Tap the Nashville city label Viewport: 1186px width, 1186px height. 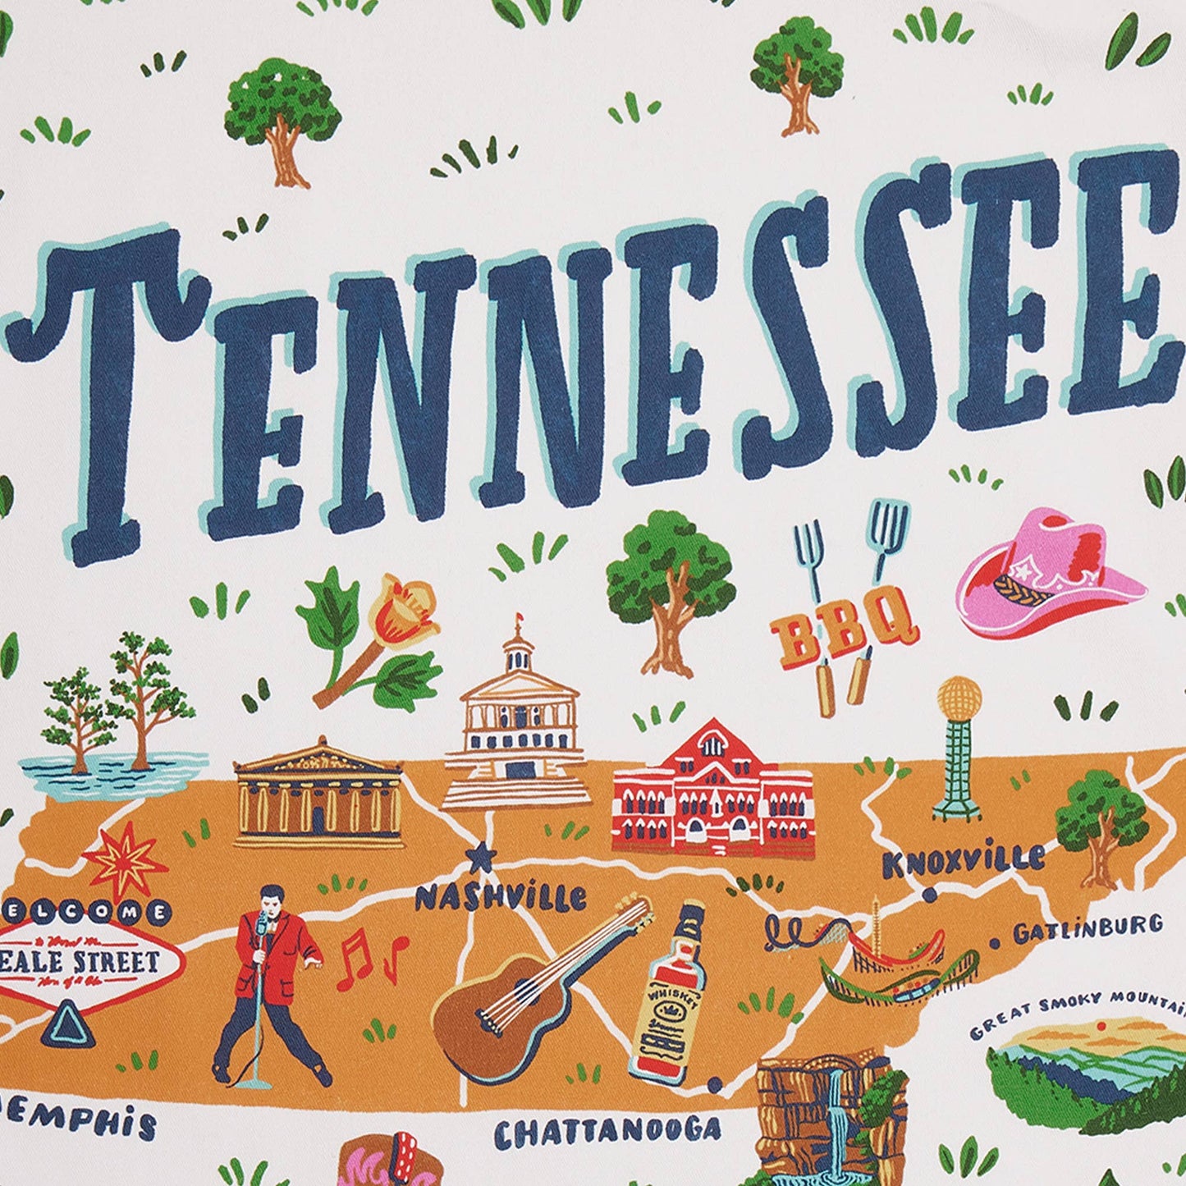pyautogui.click(x=500, y=897)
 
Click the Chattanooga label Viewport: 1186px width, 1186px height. pyautogui.click(x=607, y=1132)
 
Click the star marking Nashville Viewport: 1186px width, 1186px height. pyautogui.click(x=480, y=859)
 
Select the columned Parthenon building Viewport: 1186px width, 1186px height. pyautogui.click(x=318, y=794)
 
